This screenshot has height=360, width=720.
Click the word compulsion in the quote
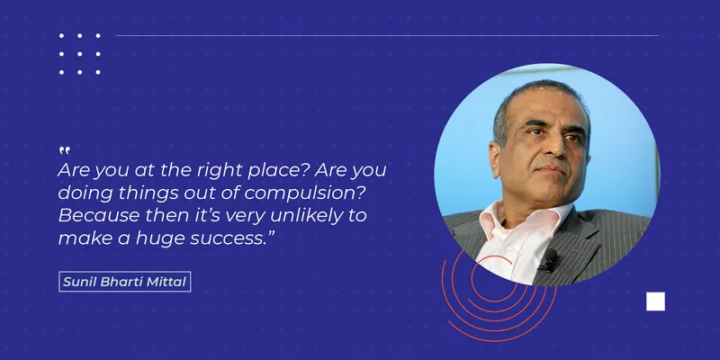pos(305,193)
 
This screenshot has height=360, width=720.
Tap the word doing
pos(85,193)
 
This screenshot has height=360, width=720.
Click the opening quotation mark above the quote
pos(65,150)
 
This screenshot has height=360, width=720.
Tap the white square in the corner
pos(655,301)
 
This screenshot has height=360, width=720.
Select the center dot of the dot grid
pos(79,54)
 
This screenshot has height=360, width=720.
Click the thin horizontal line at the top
pos(387,35)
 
